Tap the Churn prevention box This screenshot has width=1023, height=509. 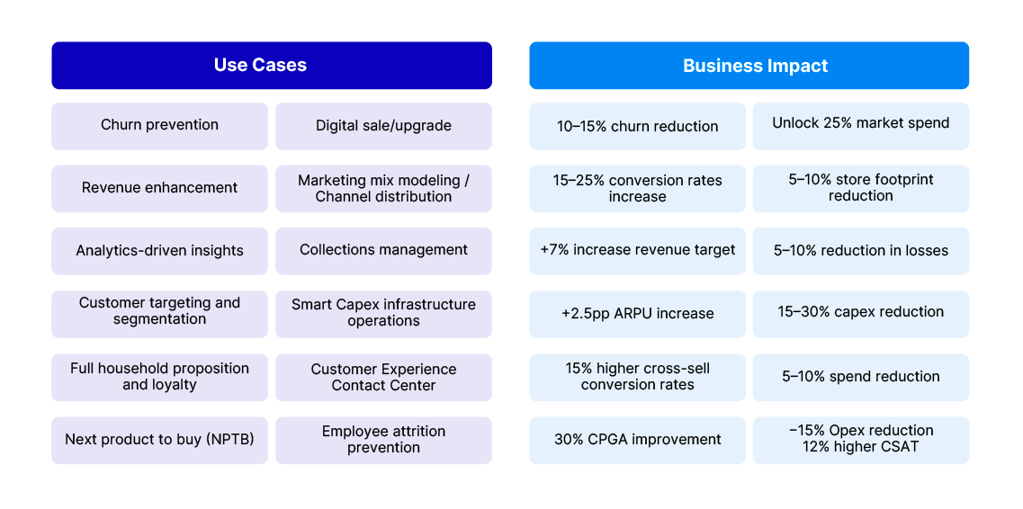tap(159, 126)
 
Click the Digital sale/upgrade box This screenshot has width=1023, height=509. tap(383, 126)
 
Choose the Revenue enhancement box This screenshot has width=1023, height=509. tap(159, 188)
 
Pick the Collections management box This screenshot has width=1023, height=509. tap(383, 250)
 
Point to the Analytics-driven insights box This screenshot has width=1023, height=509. tap(159, 251)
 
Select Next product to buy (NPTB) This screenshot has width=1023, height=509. tap(159, 440)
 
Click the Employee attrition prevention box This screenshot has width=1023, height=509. tap(383, 440)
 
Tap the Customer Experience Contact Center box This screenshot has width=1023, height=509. tap(383, 377)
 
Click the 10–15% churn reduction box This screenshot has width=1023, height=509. tap(637, 127)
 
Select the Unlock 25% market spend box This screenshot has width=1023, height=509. tap(860, 123)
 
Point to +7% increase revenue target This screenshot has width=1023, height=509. tap(637, 250)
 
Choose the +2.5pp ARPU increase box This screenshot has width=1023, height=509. tap(637, 314)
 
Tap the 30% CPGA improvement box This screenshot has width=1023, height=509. tap(637, 440)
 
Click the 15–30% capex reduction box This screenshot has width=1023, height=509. tap(860, 312)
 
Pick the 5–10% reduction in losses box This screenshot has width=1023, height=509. tap(860, 250)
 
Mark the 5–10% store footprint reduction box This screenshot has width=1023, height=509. tap(860, 188)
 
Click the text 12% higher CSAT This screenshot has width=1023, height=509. tap(860, 447)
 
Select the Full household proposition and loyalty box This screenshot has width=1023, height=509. tap(159, 377)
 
